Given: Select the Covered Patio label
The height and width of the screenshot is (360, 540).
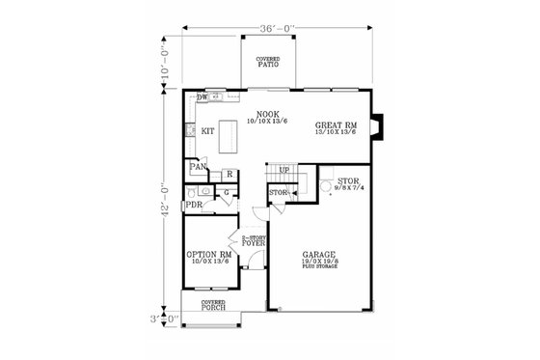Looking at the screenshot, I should click(268, 65).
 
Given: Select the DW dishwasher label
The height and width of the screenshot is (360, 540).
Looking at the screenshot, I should click(202, 97).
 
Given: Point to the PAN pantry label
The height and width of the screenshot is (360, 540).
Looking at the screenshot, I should click(198, 167).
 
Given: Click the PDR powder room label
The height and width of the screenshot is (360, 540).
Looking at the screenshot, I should click(194, 206).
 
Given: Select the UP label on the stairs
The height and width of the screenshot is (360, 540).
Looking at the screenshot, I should click(283, 172).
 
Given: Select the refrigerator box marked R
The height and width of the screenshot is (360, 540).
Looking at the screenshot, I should click(229, 174).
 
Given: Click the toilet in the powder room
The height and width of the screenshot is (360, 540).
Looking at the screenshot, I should click(195, 190).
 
